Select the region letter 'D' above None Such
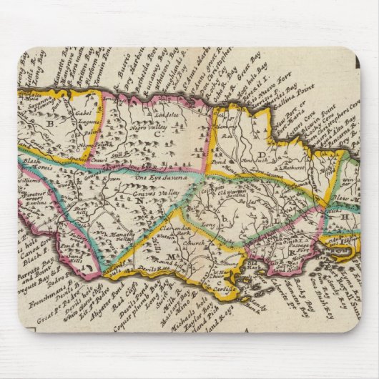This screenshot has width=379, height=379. [262, 154]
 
